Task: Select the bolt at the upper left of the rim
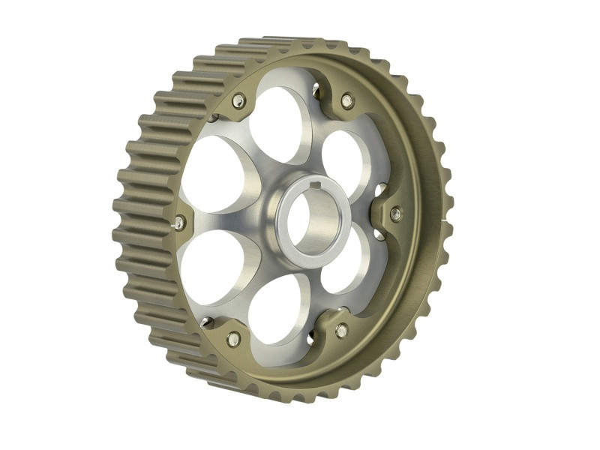(x=238, y=101)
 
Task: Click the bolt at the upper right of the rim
(x=346, y=99)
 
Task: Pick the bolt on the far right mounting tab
(x=396, y=214)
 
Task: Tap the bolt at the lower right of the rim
(x=342, y=330)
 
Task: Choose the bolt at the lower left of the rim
(x=233, y=339)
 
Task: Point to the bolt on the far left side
(x=179, y=222)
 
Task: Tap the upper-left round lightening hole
(x=216, y=174)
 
